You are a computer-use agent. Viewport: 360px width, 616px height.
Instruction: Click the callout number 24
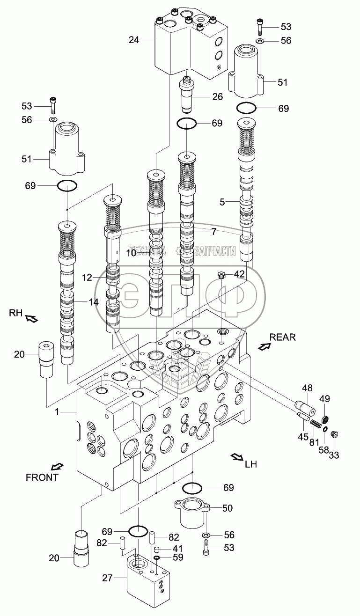click(x=134, y=40)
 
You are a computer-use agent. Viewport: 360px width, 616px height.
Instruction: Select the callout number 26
click(x=218, y=97)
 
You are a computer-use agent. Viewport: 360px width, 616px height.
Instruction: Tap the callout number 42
click(x=239, y=274)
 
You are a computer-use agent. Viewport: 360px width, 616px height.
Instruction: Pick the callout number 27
click(x=107, y=578)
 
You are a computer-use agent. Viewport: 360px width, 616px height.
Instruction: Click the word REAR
click(x=282, y=337)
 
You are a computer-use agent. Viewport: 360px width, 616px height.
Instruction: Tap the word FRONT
click(x=42, y=477)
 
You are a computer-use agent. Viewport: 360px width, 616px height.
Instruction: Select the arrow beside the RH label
click(x=32, y=319)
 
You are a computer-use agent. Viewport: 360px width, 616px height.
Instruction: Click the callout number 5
click(x=222, y=202)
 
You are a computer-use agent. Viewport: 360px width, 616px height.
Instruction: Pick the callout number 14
click(x=94, y=302)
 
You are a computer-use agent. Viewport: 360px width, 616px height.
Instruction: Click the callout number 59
click(x=177, y=557)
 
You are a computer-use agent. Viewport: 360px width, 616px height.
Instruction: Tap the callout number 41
click(x=177, y=548)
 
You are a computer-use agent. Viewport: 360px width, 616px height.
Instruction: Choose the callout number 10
click(x=131, y=253)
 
